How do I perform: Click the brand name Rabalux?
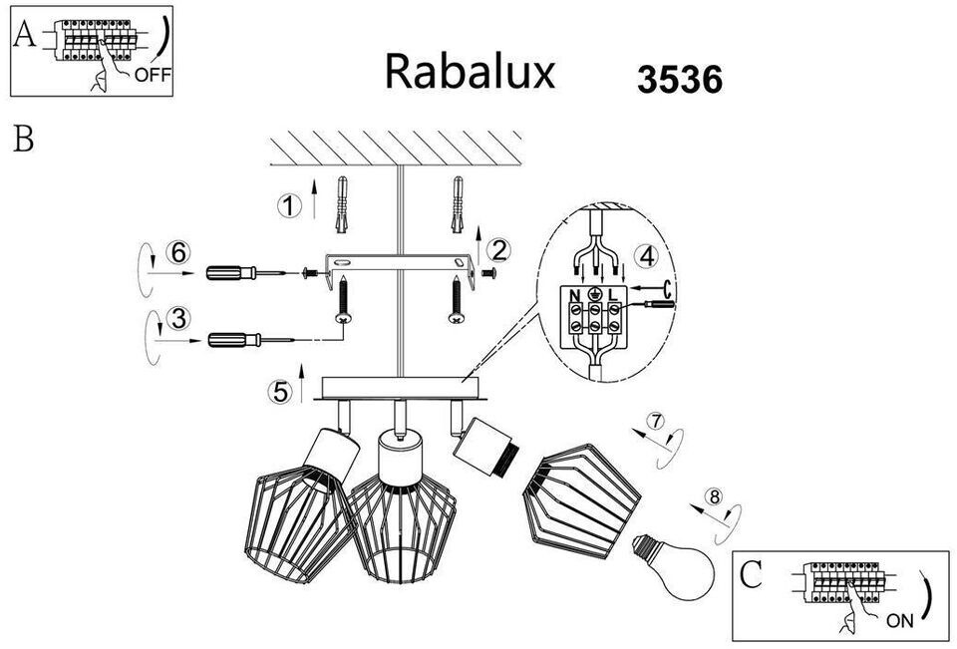coord(470,72)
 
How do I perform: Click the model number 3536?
coord(680,80)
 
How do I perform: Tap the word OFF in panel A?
coord(154,75)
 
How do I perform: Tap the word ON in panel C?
coord(899,621)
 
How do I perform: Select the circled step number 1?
coord(289,205)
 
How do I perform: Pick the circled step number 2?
coord(499,250)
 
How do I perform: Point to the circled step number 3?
coord(178,319)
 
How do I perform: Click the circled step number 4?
coord(647,255)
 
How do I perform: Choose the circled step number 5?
coord(280,392)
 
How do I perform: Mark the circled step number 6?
coord(178,252)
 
